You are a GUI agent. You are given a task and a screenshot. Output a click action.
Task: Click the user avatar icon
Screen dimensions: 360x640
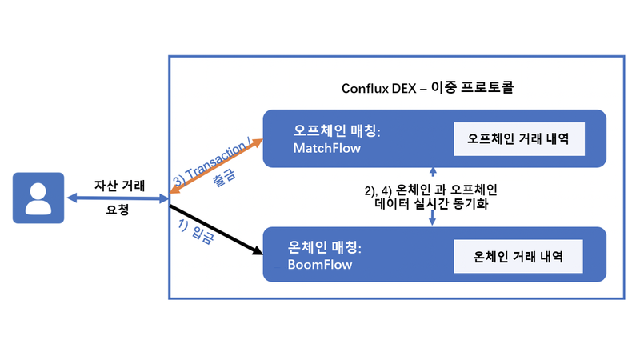tap(38, 196)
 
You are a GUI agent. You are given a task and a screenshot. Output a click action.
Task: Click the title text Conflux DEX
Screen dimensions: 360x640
tap(374, 86)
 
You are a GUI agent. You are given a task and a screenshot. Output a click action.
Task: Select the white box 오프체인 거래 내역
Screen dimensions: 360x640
tap(518, 139)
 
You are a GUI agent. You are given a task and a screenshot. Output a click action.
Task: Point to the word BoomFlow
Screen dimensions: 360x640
tap(320, 264)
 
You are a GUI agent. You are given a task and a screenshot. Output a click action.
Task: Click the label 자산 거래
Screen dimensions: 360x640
tap(119, 185)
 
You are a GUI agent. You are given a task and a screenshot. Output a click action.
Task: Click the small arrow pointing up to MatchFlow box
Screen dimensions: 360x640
tap(433, 172)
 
